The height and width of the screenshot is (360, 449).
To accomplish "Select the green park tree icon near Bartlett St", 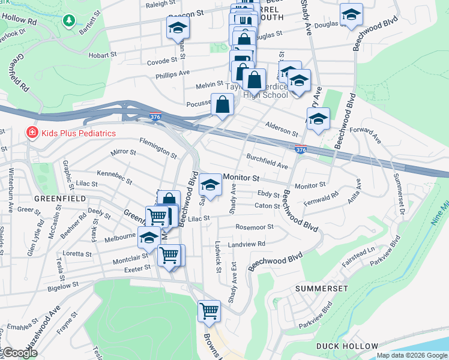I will [x=69, y=22].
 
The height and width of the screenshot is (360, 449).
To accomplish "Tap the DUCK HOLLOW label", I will [x=348, y=346].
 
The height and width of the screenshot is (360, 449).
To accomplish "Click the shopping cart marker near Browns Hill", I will [x=209, y=311].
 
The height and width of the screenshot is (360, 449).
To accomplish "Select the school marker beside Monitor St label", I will [x=210, y=184].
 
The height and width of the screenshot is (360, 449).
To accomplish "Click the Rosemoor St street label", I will [x=255, y=227].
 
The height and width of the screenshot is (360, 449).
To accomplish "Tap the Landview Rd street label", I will [x=246, y=244].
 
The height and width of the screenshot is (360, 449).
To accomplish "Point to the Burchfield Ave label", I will [x=268, y=161].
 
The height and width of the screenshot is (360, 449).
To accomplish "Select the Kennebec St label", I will [x=113, y=175].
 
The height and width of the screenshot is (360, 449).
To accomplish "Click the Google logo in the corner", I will [x=20, y=353].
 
